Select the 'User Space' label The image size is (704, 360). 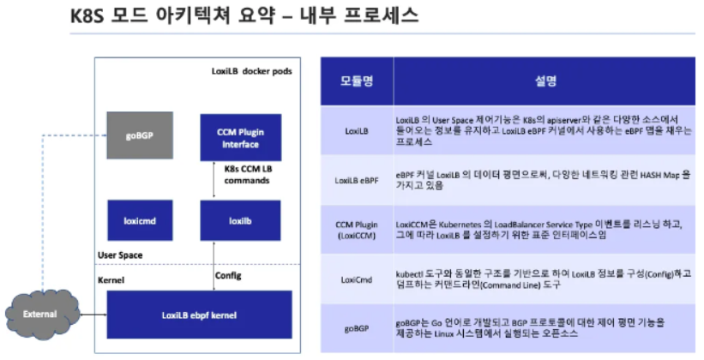[119, 255]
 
